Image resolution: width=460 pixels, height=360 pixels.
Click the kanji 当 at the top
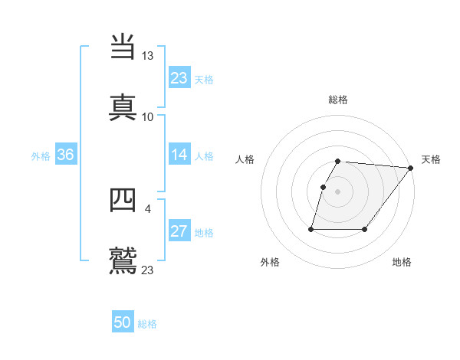coord(123,47)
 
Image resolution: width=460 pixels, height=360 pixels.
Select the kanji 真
coord(123,106)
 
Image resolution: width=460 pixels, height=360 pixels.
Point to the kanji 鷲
coord(123,260)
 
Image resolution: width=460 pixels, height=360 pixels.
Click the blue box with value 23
coord(179,78)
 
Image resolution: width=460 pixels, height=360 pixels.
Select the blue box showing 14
coord(179,155)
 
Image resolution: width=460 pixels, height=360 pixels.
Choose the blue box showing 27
coord(179,231)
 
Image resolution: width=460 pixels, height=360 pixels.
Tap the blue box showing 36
coord(65,155)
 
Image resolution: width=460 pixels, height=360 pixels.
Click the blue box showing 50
coord(123,322)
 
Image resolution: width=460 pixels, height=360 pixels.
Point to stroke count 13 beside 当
coord(147,56)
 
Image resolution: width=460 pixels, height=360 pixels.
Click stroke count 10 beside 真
coord(147,116)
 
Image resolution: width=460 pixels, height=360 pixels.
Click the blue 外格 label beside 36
coord(41,155)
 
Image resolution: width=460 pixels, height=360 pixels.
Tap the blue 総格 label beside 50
coord(147,324)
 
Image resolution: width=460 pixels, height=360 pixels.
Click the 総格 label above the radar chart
coord(338,100)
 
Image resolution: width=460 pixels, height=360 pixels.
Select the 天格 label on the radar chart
coord(431,159)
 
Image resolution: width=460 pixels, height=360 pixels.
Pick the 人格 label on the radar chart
coord(245,159)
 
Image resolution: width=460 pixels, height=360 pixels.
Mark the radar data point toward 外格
coord(312,229)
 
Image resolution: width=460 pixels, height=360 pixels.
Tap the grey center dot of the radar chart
coord(338,191)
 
